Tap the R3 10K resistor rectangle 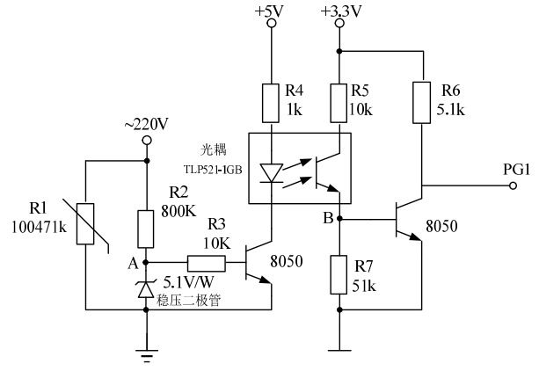pyautogui.click(x=206, y=261)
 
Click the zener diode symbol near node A pyautogui.click(x=146, y=287)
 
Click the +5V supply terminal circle pyautogui.click(x=271, y=24)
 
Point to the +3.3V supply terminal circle pyautogui.click(x=340, y=24)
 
